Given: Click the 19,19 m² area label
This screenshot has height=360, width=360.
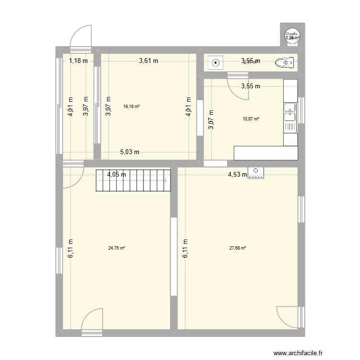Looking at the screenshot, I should click(131, 107).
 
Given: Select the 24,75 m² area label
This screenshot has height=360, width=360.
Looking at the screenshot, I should click(117, 248).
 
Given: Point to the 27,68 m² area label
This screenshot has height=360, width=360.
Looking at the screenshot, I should click(238, 248).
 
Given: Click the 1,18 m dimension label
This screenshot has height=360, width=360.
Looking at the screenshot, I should click(78, 60).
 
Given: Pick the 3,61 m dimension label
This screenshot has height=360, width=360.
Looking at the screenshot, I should click(149, 60).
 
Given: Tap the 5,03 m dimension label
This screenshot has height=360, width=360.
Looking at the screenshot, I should click(129, 152).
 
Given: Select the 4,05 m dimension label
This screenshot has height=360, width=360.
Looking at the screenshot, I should click(117, 175).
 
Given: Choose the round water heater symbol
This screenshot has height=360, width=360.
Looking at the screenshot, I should click(291, 36).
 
